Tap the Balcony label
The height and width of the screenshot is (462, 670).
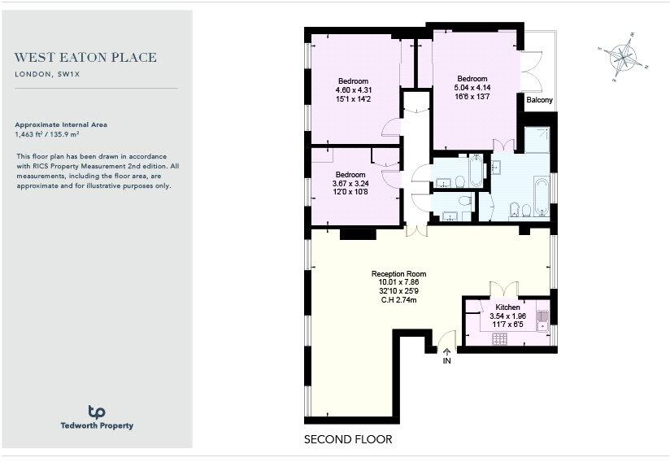tap(539, 100)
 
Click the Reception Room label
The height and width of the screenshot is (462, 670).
tap(398, 274)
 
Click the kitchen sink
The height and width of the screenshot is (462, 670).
tap(543, 323)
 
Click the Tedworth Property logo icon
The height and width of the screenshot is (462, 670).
tap(97, 412)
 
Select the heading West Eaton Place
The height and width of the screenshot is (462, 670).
tap(85, 58)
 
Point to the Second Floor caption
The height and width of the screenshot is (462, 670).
tap(348, 439)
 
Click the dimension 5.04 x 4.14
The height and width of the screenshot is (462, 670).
tap(472, 87)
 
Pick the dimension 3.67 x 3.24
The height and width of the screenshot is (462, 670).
tap(352, 183)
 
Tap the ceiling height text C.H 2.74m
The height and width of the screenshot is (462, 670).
tap(398, 300)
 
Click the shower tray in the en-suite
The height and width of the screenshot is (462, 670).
tap(537, 140)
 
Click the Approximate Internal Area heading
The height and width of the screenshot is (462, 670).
tap(61, 124)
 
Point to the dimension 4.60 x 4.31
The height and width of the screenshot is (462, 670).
tap(354, 89)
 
